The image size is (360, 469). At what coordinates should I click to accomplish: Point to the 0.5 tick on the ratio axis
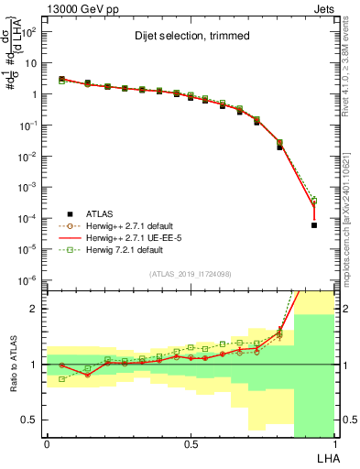click(30, 420)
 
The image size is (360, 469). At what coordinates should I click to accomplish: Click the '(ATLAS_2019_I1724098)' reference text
click(191, 274)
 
